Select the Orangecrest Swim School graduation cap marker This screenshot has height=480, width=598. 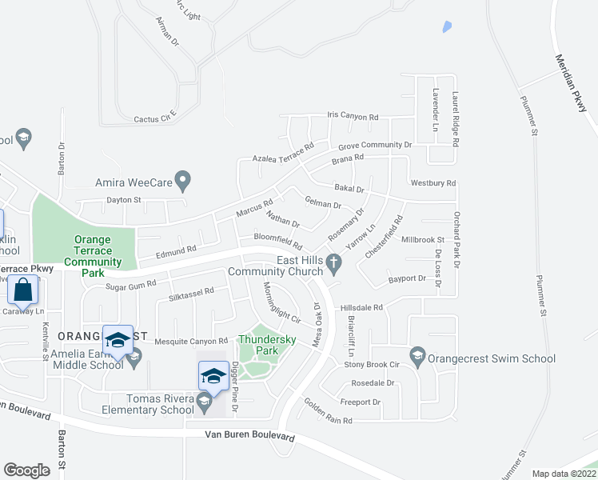(x=417, y=356)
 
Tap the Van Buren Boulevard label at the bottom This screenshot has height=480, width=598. (x=249, y=437)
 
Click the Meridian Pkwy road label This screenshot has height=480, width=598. (x=576, y=83)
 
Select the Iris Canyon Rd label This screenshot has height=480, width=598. (x=353, y=117)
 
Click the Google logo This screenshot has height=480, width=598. (x=26, y=470)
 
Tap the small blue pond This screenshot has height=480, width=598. (x=445, y=26)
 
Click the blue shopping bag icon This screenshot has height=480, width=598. (x=23, y=290)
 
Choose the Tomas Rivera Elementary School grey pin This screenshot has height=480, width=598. (x=204, y=400)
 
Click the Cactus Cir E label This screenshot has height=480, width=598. (x=154, y=118)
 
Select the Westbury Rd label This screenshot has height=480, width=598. (x=433, y=183)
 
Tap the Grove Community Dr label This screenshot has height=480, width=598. (x=374, y=146)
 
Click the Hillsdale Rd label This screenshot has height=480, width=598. (x=362, y=306)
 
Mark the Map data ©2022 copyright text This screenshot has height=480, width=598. (x=564, y=474)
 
